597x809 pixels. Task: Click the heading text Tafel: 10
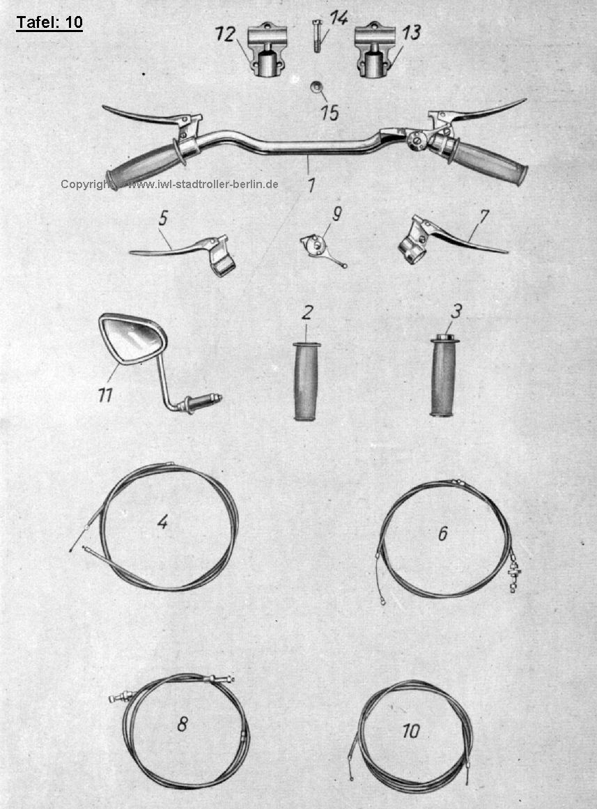49,23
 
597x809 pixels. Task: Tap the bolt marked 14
317,35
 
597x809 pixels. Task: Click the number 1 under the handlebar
311,185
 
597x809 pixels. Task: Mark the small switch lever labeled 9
321,249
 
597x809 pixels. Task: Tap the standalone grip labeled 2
307,380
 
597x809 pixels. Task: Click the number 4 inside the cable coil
163,523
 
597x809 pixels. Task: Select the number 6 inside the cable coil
443,534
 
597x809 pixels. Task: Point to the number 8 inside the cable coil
182,725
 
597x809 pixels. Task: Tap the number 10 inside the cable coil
411,730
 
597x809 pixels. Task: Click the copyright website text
170,184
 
